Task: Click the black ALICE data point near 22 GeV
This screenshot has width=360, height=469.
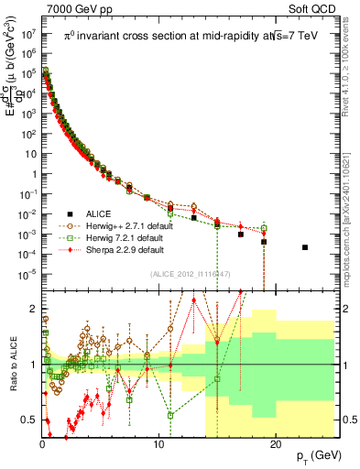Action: click(305, 247)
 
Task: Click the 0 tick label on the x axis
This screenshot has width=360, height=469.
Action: click(42, 446)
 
